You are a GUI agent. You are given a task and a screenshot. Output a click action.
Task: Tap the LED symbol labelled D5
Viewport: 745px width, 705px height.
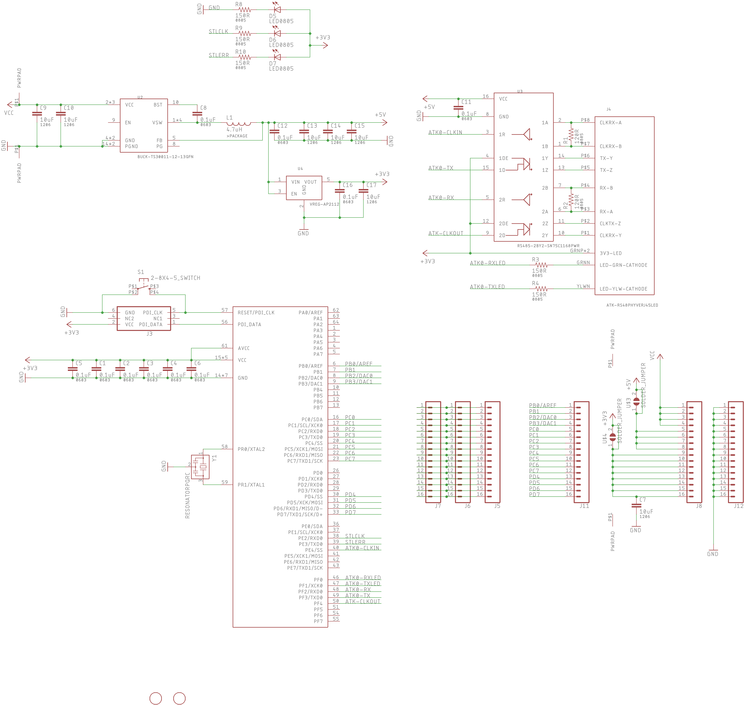tap(277, 10)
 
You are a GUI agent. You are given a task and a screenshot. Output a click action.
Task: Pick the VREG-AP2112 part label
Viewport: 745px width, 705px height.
tap(324, 204)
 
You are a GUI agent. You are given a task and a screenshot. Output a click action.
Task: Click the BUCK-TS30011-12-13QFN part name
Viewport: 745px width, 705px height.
tap(165, 157)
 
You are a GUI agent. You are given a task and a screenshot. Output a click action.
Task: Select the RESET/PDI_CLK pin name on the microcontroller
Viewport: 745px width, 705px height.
tap(256, 313)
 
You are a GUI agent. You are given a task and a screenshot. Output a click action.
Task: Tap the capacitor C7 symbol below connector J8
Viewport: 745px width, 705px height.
tap(636, 506)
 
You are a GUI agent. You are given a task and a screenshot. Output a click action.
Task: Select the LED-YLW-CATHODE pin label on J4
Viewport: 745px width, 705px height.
tap(623, 289)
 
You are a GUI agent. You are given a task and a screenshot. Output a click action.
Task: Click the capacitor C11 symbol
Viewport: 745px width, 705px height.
tap(458, 107)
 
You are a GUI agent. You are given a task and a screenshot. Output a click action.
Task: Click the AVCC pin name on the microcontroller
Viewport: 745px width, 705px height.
tap(244, 348)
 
